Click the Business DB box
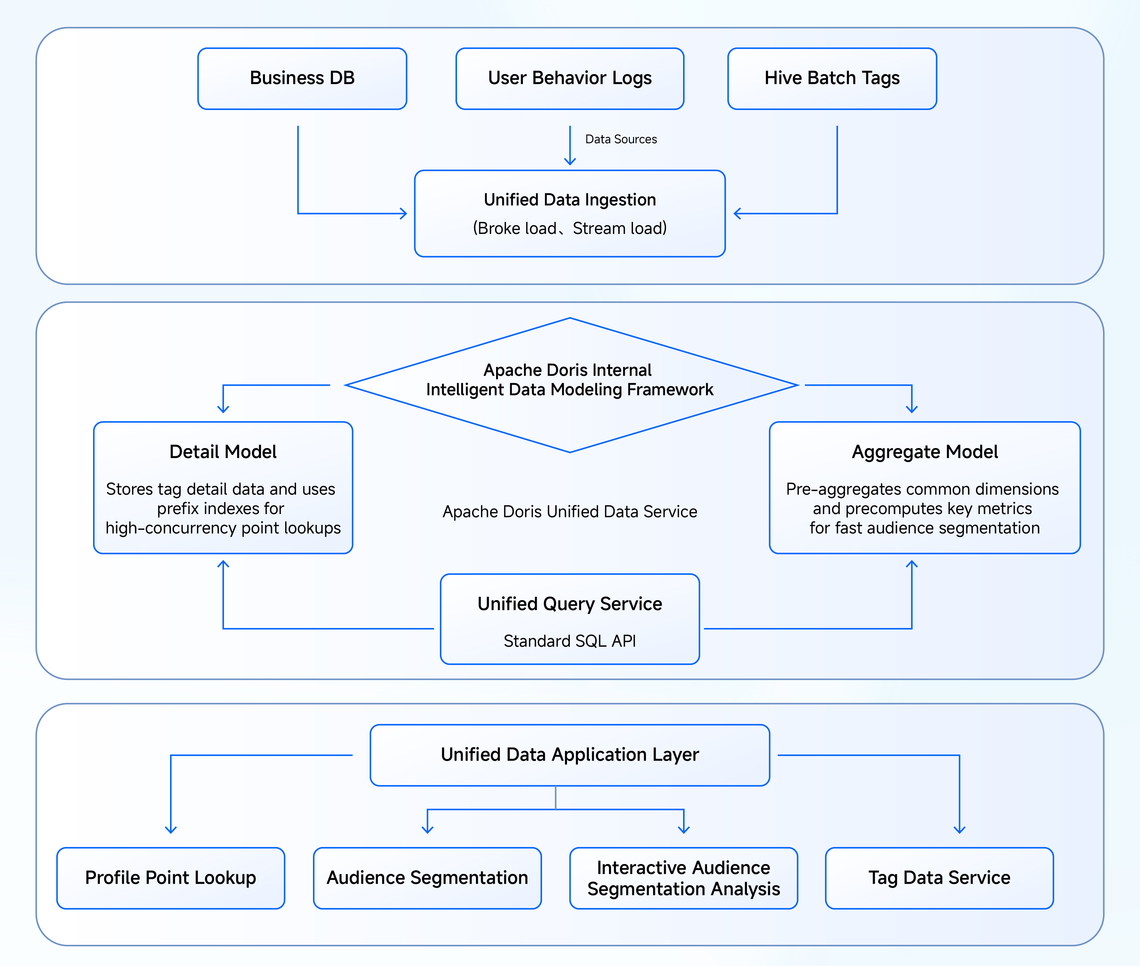tap(302, 78)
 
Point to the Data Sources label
tap(621, 139)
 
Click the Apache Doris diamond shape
tap(570, 385)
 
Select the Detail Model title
tap(223, 452)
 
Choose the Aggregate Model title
tap(925, 452)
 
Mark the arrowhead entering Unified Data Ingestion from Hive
tap(737, 213)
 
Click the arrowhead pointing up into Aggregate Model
tap(912, 564)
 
